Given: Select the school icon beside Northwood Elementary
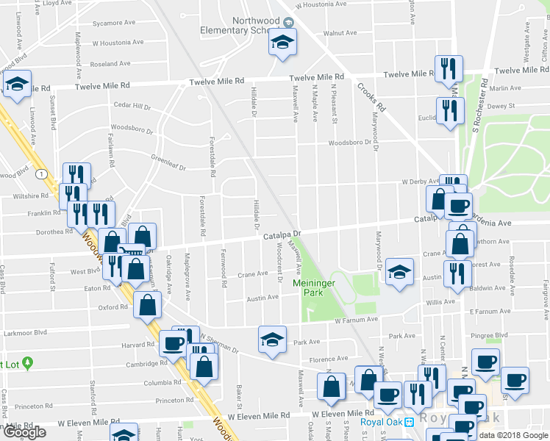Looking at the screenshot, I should tap(281, 44).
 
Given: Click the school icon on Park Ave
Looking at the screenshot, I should tap(271, 340).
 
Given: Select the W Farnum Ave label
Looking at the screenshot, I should tap(356, 320).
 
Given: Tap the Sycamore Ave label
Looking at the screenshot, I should tap(114, 23).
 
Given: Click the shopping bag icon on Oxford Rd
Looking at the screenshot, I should tap(147, 304).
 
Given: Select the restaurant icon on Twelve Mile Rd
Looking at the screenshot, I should tap(448, 70).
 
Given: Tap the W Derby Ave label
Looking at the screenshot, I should tap(414, 181).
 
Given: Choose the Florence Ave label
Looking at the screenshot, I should tap(327, 359).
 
